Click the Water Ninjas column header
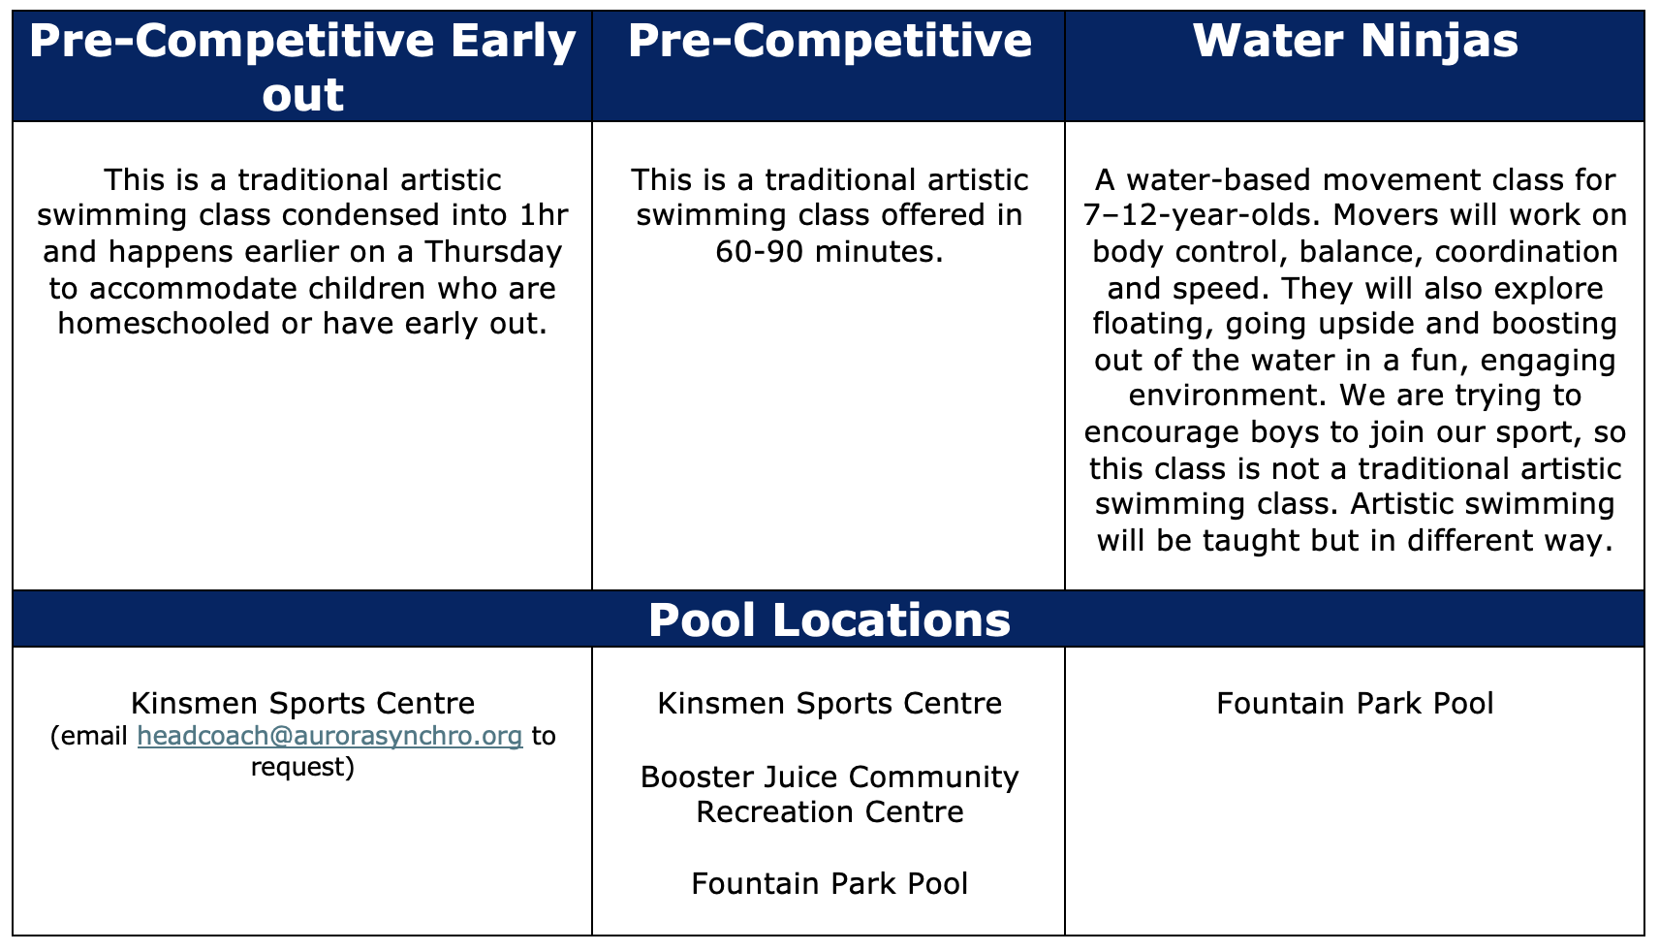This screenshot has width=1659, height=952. click(1355, 41)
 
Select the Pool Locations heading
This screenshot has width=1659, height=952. click(829, 619)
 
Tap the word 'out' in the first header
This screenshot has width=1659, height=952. click(302, 96)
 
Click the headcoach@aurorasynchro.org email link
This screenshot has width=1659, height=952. click(329, 736)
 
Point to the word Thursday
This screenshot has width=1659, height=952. click(493, 253)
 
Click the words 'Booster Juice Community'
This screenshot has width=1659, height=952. click(829, 777)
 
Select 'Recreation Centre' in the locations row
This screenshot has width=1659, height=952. click(829, 812)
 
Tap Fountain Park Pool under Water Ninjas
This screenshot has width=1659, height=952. click(1355, 703)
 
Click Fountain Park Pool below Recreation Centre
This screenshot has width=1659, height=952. click(829, 883)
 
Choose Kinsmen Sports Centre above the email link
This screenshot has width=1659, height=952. click(302, 703)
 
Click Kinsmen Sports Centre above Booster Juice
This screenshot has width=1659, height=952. click(829, 703)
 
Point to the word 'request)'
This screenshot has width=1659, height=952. click(302, 768)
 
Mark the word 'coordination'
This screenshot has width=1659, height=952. click(1525, 252)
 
